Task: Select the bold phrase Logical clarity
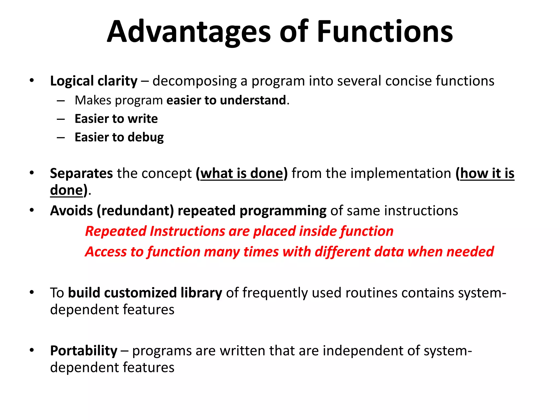click(94, 81)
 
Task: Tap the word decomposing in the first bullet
click(194, 81)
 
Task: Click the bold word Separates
click(81, 173)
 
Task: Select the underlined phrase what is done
click(242, 173)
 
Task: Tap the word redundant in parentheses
click(135, 211)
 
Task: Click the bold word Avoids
click(71, 211)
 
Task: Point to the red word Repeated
click(116, 231)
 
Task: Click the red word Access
click(106, 252)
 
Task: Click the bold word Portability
click(84, 351)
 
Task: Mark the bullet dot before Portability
click(32, 350)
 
